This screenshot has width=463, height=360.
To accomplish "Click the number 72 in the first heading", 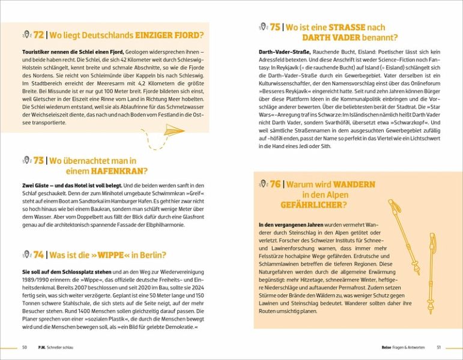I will pyautogui.click(x=39, y=35).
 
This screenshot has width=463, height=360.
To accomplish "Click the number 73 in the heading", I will pyautogui.click(x=39, y=161).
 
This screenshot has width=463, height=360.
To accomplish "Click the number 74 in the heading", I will pyautogui.click(x=39, y=254).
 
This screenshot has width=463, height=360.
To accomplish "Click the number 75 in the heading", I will pyautogui.click(x=275, y=27).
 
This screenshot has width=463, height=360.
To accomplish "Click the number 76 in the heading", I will pyautogui.click(x=276, y=184).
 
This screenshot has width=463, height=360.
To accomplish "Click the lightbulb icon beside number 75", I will pyautogui.click(x=262, y=27).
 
